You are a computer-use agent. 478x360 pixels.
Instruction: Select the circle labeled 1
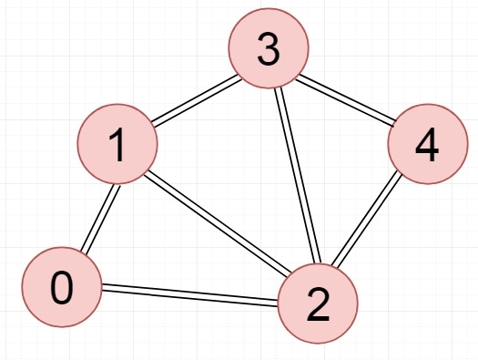tap(117, 145)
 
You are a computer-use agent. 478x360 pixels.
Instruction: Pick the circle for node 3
tap(268, 51)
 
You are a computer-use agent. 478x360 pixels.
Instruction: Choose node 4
tap(426, 147)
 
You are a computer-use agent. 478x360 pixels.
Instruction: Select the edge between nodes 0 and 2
tap(189, 296)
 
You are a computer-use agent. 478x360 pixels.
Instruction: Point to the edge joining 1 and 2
tap(218, 225)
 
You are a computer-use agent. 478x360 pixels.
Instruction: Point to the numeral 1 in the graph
tap(117, 145)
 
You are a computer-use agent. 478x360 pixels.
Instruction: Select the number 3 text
tap(268, 51)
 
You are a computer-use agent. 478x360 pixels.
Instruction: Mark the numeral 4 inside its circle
tap(426, 147)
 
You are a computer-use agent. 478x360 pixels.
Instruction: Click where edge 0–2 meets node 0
tap(101, 290)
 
